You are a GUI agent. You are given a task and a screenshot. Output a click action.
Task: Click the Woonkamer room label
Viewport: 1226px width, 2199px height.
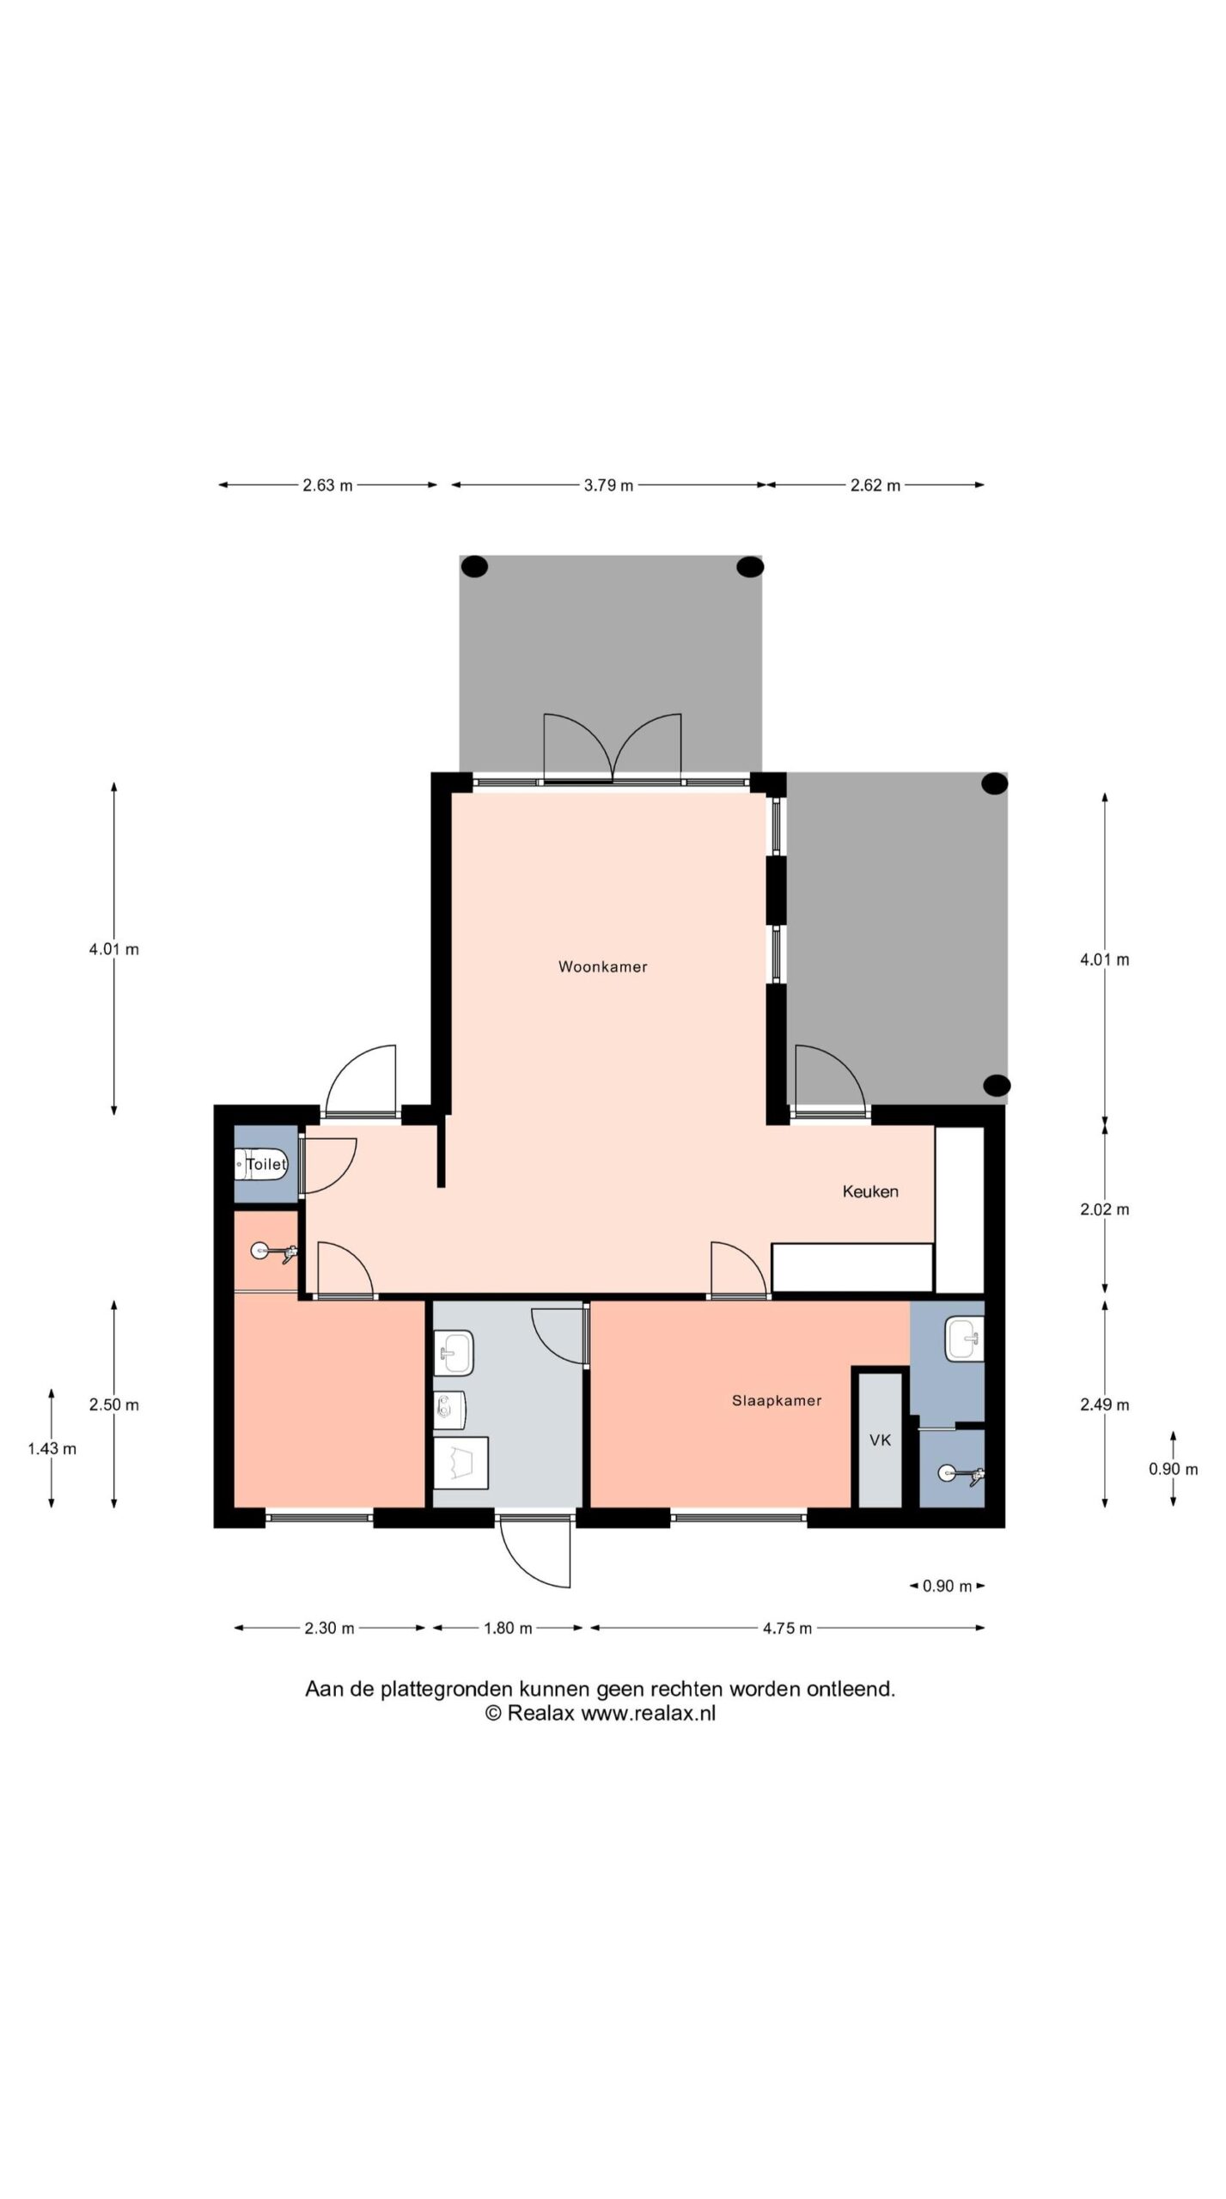click(x=602, y=966)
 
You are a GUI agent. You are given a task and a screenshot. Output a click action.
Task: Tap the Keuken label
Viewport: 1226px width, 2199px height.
click(x=870, y=1191)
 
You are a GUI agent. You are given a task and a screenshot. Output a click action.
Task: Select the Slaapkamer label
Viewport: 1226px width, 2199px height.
click(x=777, y=1400)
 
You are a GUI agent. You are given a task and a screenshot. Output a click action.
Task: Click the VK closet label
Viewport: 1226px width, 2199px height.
click(x=881, y=1441)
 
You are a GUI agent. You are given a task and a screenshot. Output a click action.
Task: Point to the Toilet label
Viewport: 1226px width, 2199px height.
click(x=265, y=1164)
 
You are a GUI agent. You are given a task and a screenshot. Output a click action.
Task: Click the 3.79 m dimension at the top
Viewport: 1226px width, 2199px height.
click(x=608, y=485)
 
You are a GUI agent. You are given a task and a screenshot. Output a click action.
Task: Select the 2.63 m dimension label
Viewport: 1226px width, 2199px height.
click(x=327, y=485)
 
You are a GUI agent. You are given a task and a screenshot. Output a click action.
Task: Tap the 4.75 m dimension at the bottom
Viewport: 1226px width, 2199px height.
click(x=787, y=1628)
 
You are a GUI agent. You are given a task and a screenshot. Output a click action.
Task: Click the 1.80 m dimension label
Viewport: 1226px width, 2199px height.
click(x=508, y=1628)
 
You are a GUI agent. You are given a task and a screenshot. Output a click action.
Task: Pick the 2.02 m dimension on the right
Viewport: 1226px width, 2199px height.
click(x=1104, y=1209)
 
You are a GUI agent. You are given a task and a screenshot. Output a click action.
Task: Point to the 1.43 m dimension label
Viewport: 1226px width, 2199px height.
click(x=52, y=1449)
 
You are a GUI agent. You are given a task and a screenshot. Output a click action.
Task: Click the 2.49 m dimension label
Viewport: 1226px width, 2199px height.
click(x=1104, y=1404)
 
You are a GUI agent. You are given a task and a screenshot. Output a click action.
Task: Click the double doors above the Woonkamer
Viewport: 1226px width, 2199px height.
click(x=613, y=747)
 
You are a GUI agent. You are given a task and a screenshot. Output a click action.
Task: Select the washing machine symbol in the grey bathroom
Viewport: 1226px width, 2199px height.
click(x=461, y=1461)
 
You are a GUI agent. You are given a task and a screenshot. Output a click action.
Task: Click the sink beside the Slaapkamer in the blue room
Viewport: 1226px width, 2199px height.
click(x=965, y=1340)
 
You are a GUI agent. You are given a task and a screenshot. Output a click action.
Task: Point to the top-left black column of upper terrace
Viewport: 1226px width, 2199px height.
click(x=474, y=566)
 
